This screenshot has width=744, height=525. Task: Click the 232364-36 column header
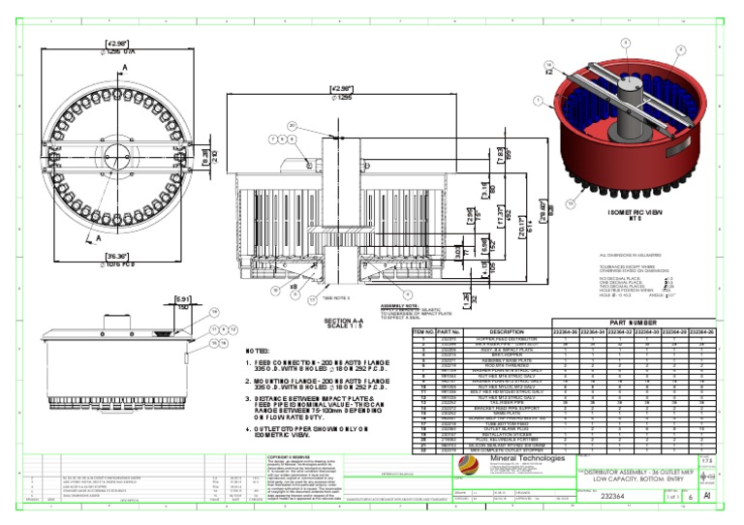tap(569, 331)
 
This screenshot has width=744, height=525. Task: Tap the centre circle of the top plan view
tap(114, 153)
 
